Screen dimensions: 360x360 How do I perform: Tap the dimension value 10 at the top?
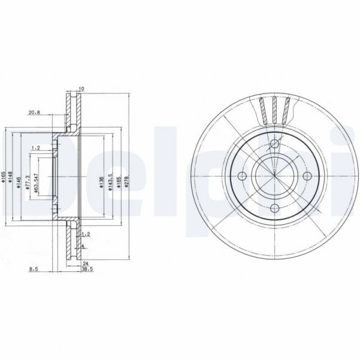pos(81,89)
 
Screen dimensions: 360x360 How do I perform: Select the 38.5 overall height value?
pos(86,270)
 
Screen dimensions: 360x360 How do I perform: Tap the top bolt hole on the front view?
pos(274,144)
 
